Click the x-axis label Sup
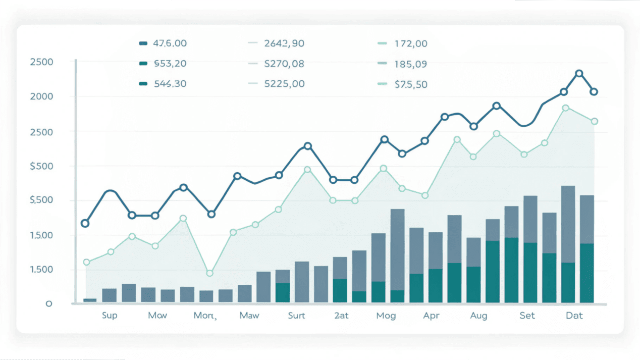click(109, 316)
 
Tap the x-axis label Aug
click(478, 316)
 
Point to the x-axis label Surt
click(296, 316)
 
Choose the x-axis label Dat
click(574, 316)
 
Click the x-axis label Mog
click(386, 316)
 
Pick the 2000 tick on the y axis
click(42, 96)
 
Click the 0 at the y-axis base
click(49, 303)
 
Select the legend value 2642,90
click(284, 43)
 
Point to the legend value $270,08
click(284, 64)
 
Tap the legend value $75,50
click(410, 84)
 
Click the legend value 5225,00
click(284, 84)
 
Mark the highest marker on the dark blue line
click(579, 74)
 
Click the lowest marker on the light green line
click(210, 273)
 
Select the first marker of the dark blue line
click(85, 223)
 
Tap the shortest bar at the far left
click(90, 300)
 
